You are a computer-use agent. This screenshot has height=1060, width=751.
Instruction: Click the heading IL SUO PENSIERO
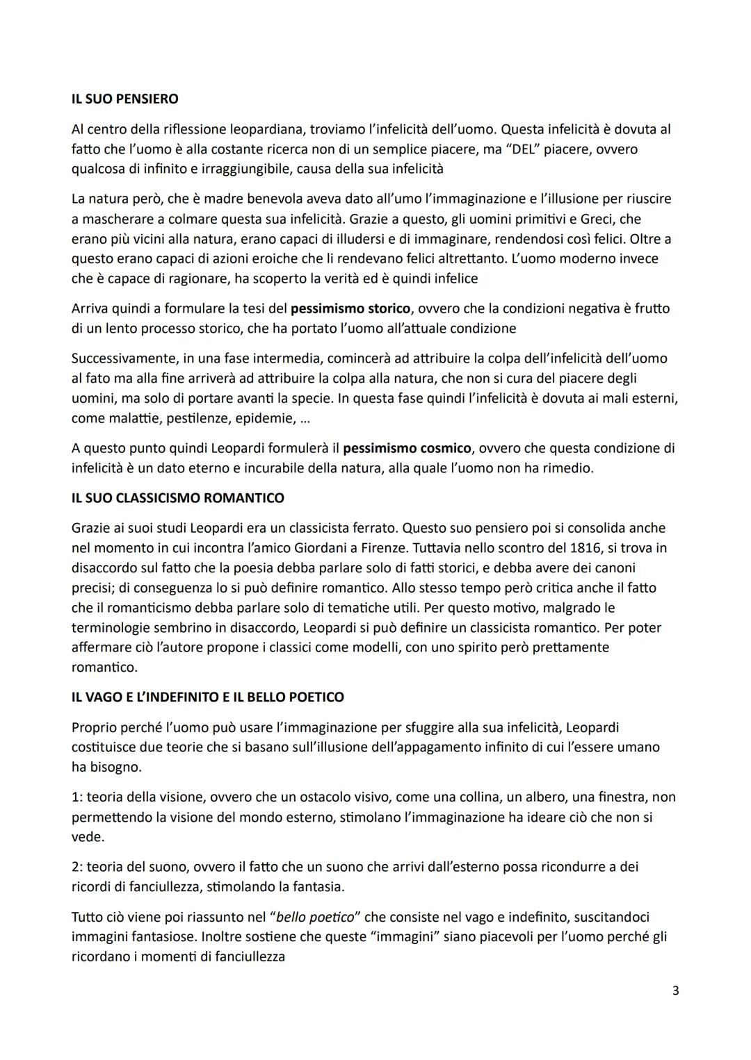[124, 99]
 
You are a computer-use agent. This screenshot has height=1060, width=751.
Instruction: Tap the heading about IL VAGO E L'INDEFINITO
[207, 697]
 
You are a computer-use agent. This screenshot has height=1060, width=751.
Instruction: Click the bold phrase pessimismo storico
[350, 308]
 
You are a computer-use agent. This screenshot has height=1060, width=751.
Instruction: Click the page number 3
[675, 991]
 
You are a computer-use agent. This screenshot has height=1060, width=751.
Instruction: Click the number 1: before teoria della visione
[76, 797]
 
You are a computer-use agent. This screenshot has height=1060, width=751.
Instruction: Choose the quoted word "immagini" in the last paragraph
[405, 937]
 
